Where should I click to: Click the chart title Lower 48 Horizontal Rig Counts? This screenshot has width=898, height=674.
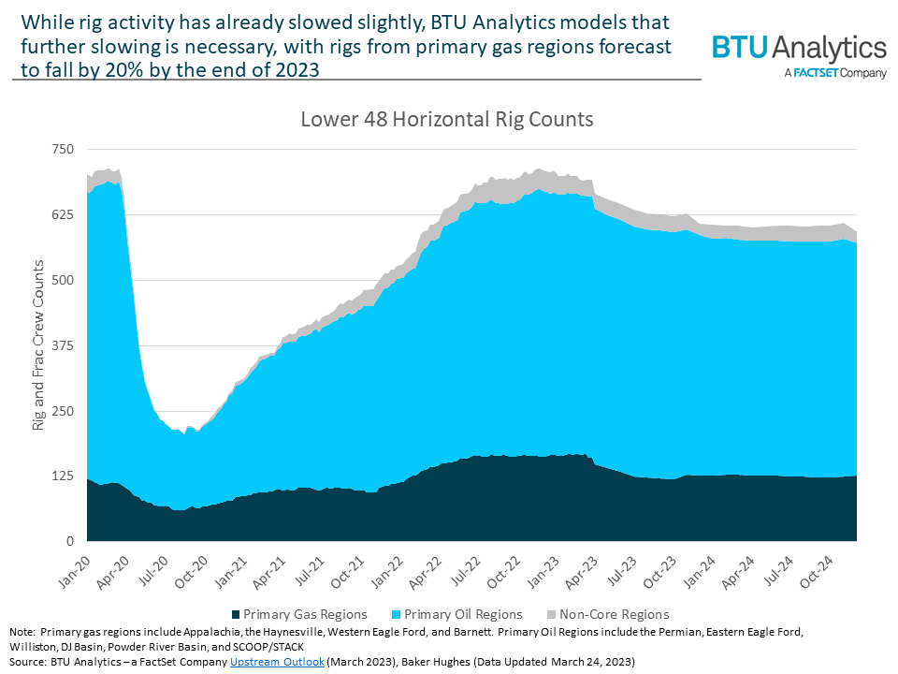pos(446,121)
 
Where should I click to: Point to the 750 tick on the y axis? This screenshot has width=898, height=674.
pos(63,150)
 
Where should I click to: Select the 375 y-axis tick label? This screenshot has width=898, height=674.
pos(63,345)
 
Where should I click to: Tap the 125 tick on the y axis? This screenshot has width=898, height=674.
pos(63,476)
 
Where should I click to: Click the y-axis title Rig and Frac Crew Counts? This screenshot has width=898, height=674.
pos(38,345)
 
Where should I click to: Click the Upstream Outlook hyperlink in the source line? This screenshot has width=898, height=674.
pos(278,661)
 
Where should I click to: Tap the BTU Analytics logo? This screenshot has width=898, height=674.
pos(799,48)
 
